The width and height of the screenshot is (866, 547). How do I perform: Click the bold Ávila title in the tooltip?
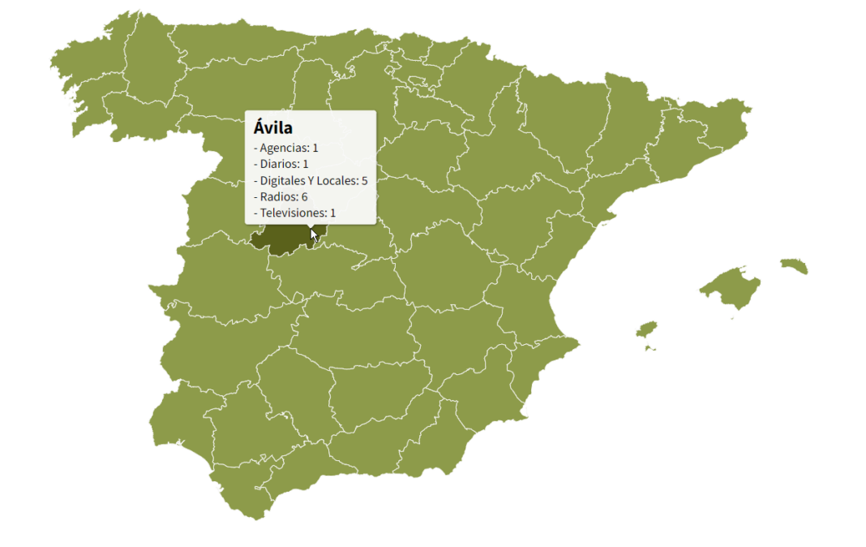(273, 127)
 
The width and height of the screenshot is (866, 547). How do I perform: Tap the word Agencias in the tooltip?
(285, 148)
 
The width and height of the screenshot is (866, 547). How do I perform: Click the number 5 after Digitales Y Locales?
(364, 180)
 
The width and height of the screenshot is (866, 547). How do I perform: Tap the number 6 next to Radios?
(304, 196)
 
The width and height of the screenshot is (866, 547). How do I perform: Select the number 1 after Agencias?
(315, 148)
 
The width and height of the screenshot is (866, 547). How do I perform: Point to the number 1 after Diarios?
(306, 164)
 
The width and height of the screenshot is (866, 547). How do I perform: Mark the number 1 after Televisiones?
(332, 213)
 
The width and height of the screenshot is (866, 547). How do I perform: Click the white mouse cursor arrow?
(315, 235)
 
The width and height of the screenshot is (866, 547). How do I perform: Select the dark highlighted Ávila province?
(280, 240)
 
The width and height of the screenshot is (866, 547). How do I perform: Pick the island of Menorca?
(795, 265)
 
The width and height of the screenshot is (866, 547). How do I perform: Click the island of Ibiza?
(646, 329)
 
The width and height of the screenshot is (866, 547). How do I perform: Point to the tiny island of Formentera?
(650, 349)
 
